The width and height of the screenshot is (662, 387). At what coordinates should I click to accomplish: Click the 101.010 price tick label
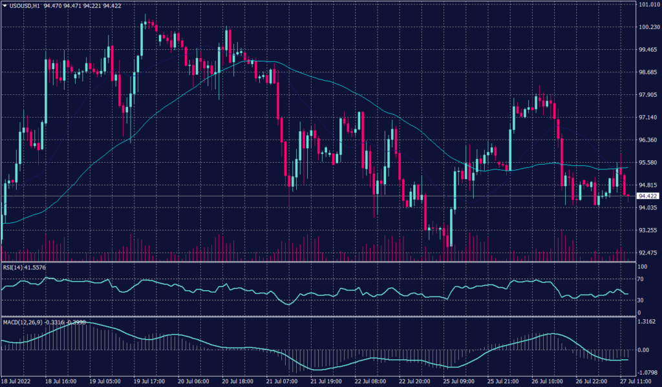pos(648,5)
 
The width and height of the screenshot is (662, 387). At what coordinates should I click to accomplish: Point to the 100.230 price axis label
pos(648,27)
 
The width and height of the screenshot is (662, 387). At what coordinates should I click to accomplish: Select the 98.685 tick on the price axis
pos(648,72)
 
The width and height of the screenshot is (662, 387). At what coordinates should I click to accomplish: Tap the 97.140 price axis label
pos(648,118)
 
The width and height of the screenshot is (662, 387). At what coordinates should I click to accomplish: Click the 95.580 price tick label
pos(648,163)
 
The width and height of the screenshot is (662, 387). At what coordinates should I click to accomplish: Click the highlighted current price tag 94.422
pos(648,196)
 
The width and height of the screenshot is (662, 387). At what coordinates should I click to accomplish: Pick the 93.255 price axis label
pos(648,230)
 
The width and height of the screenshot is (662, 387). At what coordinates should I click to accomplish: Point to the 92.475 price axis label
pos(648,253)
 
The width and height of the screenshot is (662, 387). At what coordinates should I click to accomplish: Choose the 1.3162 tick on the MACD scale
pos(646,321)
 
